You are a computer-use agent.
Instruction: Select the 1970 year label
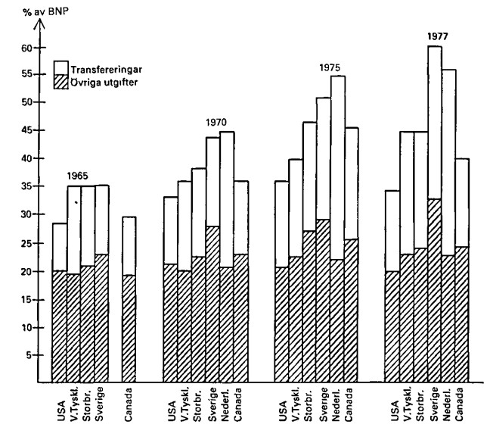(x=216, y=123)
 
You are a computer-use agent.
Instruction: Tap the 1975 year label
(x=330, y=67)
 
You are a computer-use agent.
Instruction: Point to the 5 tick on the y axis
(x=29, y=354)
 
